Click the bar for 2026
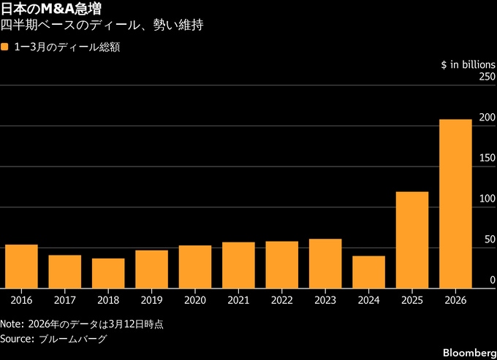click(x=455, y=204)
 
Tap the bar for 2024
click(x=368, y=272)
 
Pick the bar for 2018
click(x=108, y=273)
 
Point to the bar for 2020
click(x=195, y=267)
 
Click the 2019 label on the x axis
click(x=151, y=299)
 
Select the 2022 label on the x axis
click(x=281, y=299)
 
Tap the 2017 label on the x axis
click(x=64, y=299)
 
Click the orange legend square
click(x=5, y=47)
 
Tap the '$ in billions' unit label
click(x=467, y=64)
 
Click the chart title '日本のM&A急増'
click(x=51, y=9)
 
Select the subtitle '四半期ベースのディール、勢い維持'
click(x=102, y=26)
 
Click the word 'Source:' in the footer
click(x=18, y=339)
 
